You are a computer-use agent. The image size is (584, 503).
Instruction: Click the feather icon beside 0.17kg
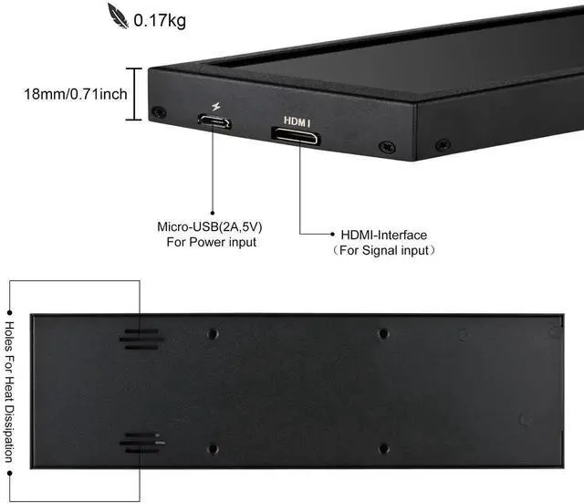click(120, 16)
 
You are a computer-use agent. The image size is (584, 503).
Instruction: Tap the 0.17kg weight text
click(160, 18)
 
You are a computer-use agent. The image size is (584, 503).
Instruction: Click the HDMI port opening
click(294, 137)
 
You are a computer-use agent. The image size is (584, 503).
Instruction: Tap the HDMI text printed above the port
click(297, 120)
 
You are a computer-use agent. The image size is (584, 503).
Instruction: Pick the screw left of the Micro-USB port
click(160, 112)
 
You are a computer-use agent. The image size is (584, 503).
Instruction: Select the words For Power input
click(211, 242)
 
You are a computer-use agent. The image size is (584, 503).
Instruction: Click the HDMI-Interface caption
click(383, 235)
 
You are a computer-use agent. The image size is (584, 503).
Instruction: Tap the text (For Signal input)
click(382, 249)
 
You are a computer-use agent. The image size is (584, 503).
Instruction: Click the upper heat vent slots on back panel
click(141, 338)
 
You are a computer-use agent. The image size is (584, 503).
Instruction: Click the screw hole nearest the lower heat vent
click(213, 448)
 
